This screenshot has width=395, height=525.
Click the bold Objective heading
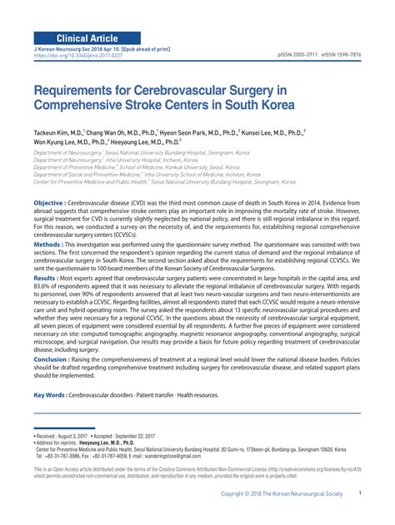pyautogui.click(x=47, y=203)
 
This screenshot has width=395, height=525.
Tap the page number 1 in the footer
pyautogui.click(x=359, y=516)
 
